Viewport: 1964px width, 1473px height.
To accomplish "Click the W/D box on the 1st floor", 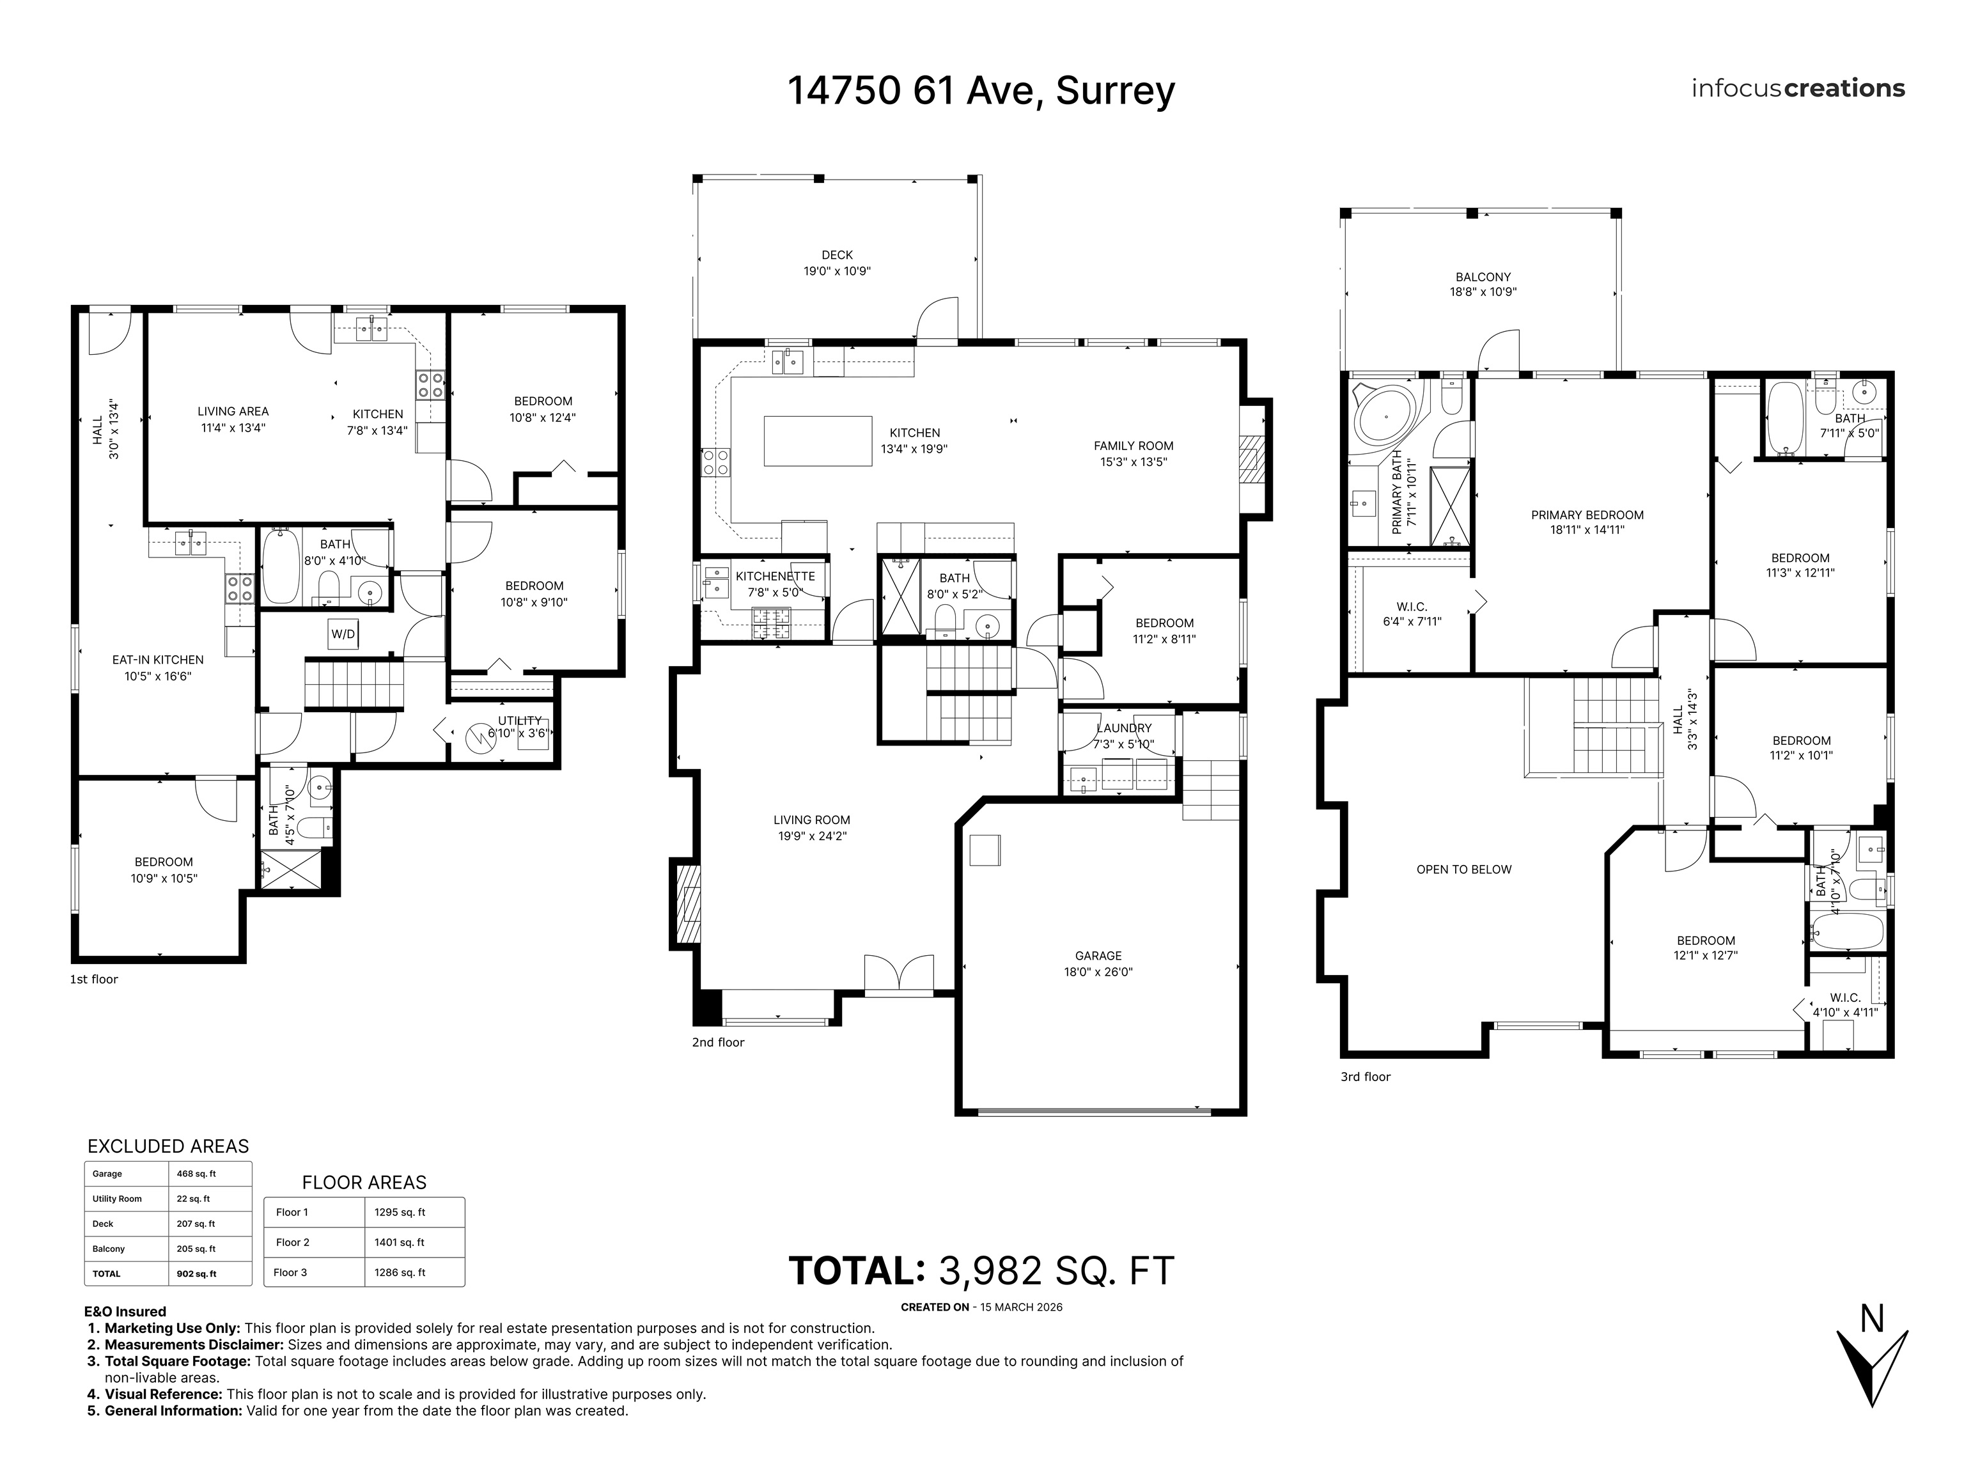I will pos(343,634).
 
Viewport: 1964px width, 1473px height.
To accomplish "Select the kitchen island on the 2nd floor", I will pos(818,441).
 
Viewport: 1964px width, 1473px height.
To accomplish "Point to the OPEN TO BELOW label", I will pos(1463,869).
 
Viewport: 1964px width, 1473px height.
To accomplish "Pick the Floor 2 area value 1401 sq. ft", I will pos(400,1242).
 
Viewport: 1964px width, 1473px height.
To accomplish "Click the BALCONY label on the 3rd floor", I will pos(1483,277).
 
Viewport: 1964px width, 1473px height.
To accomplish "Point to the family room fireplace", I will pos(1250,458).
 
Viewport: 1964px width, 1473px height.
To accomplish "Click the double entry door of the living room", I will pos(898,974).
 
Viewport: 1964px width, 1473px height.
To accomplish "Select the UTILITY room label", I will pos(519,720).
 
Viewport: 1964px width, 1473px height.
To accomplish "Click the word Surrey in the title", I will pos(1115,91).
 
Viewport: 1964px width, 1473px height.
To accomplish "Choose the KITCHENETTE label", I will pos(774,576).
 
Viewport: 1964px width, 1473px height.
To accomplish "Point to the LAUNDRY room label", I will pos(1123,728).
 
